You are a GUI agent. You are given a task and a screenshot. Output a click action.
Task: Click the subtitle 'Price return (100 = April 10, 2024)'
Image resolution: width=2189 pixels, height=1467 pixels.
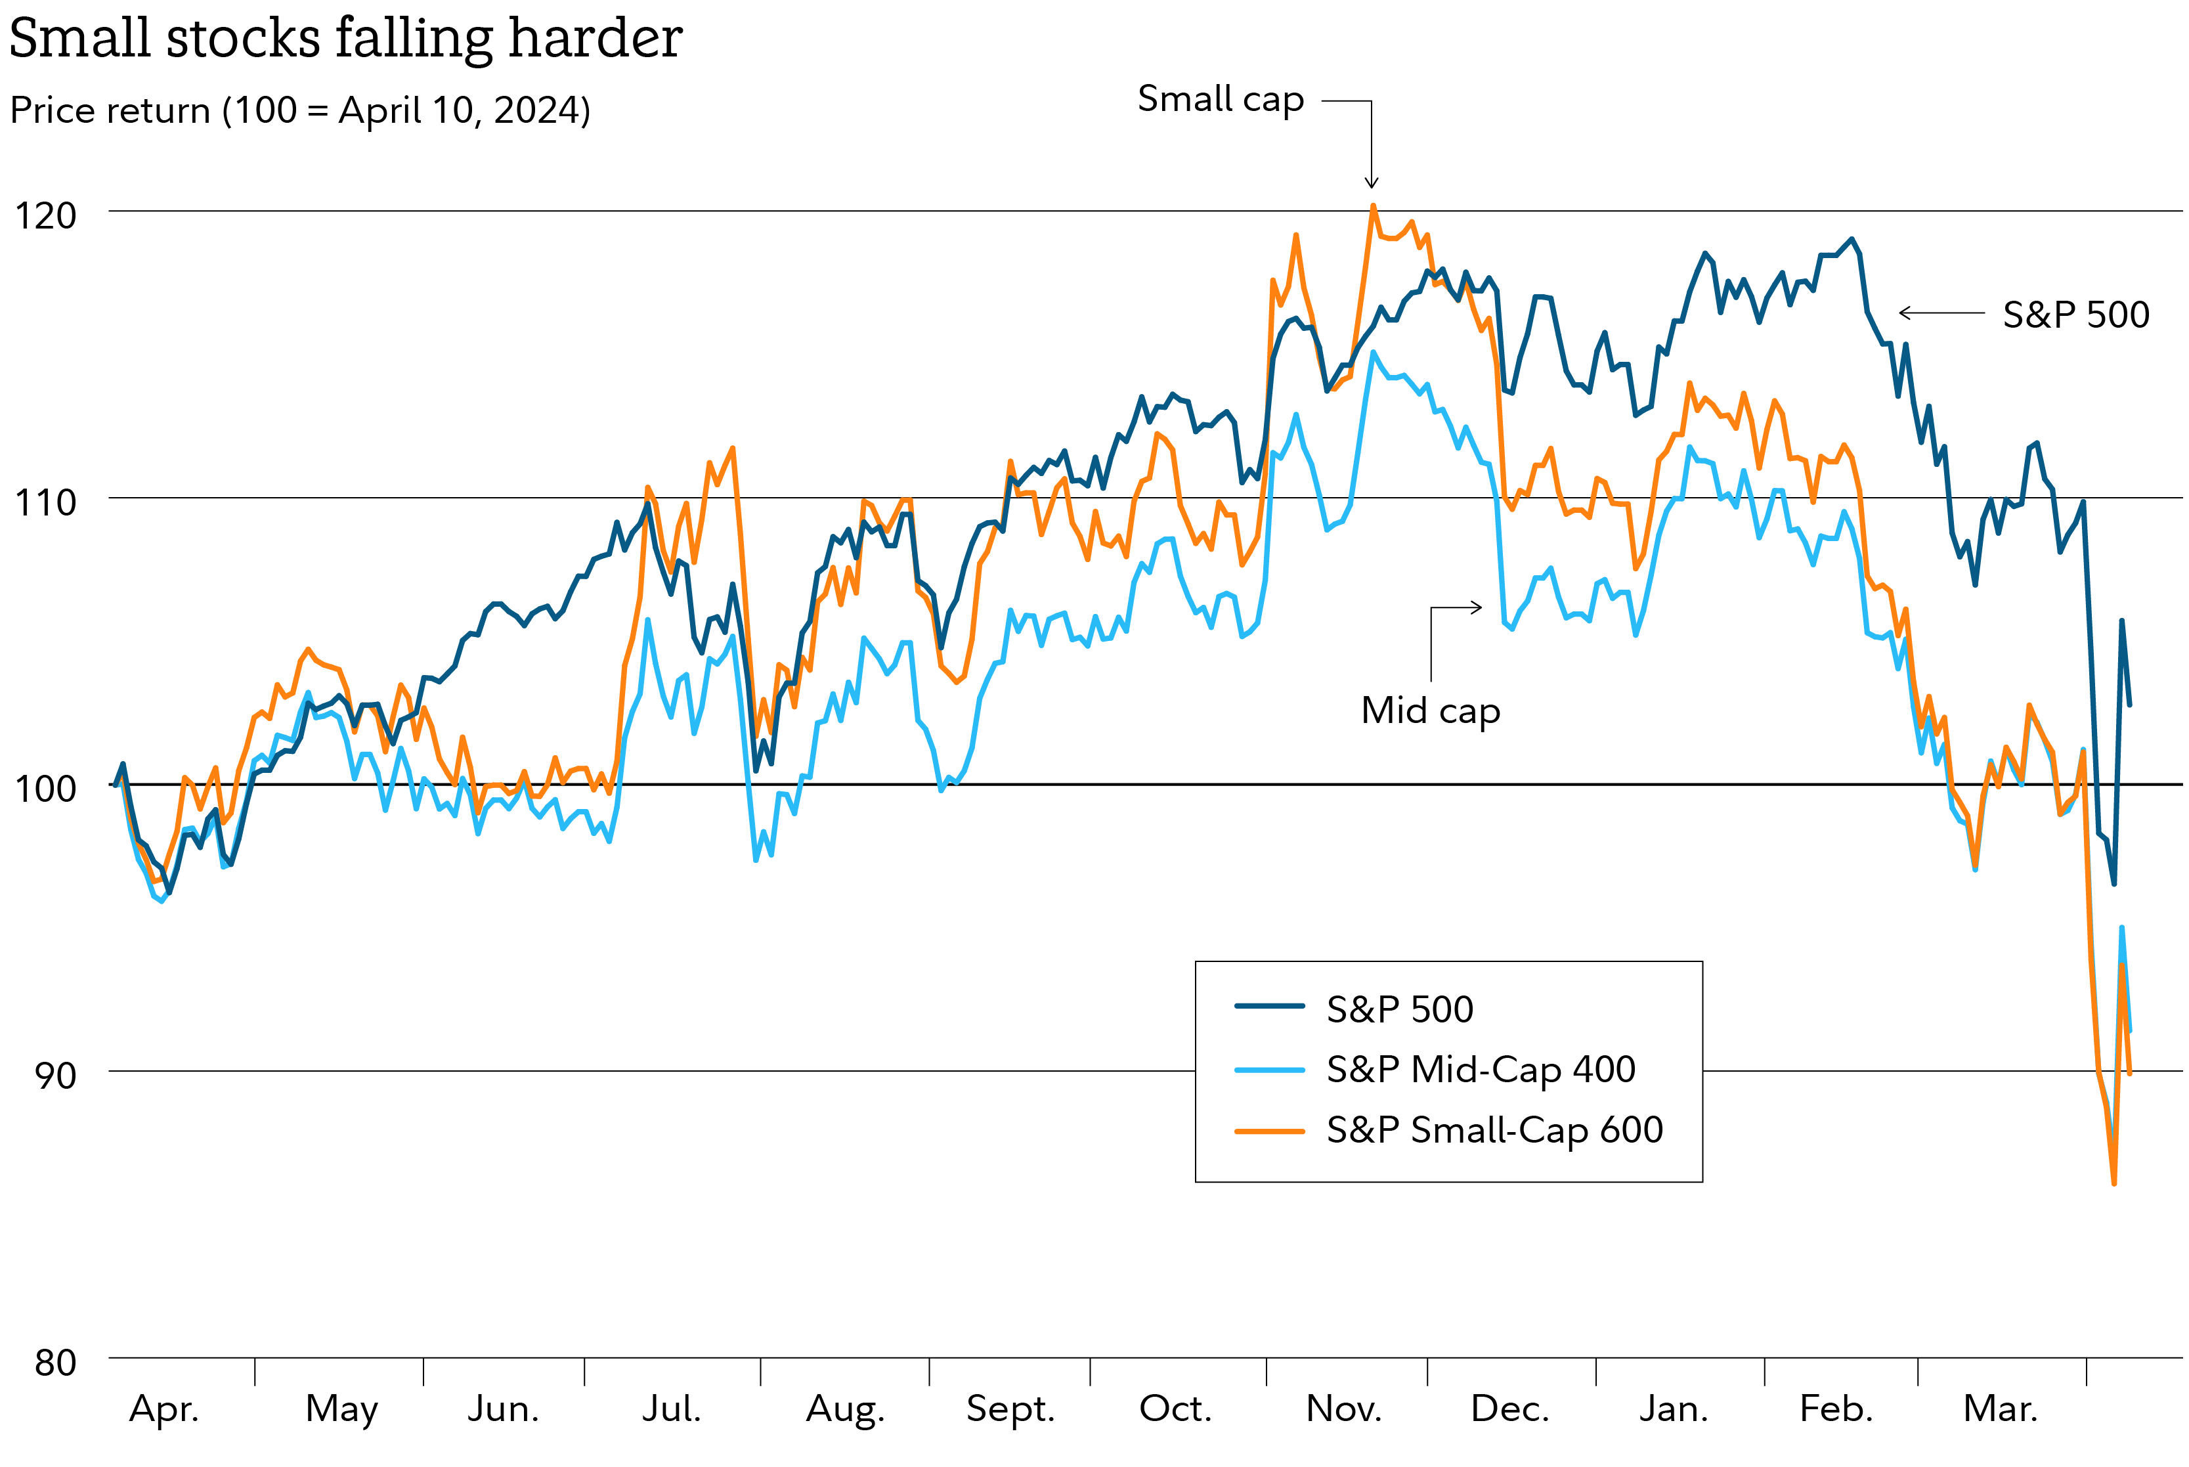coord(299,110)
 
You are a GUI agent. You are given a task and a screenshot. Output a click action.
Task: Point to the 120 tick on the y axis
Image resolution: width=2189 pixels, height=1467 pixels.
coord(45,216)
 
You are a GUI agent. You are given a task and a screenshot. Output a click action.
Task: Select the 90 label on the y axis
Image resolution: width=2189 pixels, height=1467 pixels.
coord(55,1075)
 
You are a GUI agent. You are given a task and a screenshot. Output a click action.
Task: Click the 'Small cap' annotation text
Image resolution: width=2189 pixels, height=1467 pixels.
coord(1220,99)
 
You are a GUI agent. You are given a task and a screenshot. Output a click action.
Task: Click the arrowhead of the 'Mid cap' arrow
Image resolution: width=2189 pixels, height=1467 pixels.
coord(1477,607)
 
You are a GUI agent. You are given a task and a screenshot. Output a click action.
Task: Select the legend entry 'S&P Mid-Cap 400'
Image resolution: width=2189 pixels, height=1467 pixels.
coord(1480,1069)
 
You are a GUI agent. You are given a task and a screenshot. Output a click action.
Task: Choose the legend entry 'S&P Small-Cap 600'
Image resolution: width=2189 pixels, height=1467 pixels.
coord(1494,1130)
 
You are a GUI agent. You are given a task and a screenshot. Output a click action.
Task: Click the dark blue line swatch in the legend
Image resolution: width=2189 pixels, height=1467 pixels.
coord(1268,1007)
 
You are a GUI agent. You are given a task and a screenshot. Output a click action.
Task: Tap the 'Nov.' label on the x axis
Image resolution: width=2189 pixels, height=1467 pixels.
coord(1343,1408)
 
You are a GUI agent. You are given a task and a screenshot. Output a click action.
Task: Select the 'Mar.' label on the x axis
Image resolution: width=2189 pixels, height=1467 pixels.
coord(2000,1408)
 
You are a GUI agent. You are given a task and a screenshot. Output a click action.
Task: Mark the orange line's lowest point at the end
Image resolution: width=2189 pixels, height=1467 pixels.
coord(2114,1183)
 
